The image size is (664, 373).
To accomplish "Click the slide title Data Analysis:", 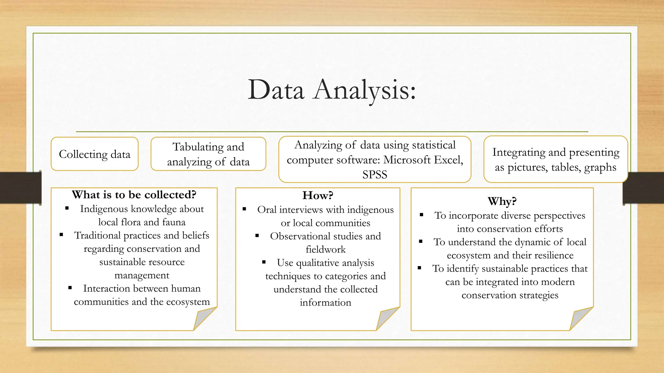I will click(331, 90).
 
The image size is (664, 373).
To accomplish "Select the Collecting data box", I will click(95, 154).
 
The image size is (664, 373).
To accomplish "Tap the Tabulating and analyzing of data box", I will click(208, 154).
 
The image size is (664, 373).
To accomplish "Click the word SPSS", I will click(374, 175).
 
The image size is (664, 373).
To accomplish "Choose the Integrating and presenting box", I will click(555, 160).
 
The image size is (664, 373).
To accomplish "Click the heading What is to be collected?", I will click(134, 195).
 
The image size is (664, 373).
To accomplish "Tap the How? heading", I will click(317, 195).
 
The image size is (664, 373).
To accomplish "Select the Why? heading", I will click(502, 201).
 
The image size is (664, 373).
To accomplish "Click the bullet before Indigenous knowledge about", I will click(67, 209).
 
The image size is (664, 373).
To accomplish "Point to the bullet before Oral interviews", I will click(244, 209).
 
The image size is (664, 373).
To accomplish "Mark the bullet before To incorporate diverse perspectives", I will click(421, 215).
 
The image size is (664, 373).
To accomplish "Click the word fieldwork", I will click(326, 250).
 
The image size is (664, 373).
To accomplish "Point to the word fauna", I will click(174, 222).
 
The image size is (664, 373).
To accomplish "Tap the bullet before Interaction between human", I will click(70, 288).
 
